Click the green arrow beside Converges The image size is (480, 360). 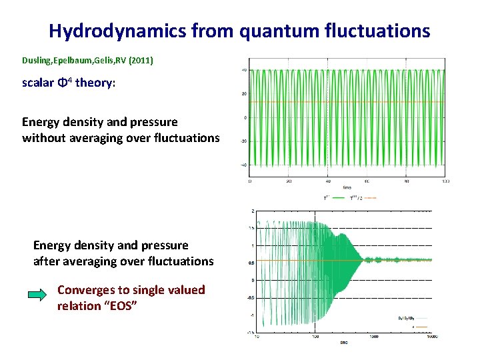click(37, 293)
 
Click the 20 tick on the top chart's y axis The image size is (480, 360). click(244, 93)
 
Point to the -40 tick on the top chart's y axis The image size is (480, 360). click(244, 165)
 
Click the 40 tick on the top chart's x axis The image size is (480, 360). click(328, 181)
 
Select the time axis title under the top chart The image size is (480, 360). click(347, 187)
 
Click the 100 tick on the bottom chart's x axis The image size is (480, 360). click(315, 337)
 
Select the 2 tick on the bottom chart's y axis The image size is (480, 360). click(252, 211)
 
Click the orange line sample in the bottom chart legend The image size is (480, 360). click(422, 327)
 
